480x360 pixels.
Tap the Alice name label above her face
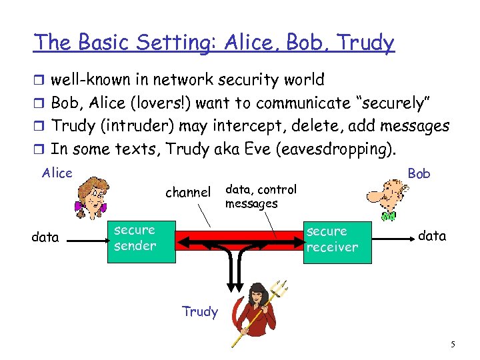click(x=57, y=173)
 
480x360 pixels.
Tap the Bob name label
click(x=419, y=173)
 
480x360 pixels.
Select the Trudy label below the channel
click(x=200, y=311)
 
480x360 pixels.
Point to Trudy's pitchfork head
click(x=281, y=289)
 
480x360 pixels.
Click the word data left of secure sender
click(x=45, y=237)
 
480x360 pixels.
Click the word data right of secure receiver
click(x=432, y=236)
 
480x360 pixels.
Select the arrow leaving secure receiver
click(x=394, y=238)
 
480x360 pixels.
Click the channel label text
click(x=188, y=192)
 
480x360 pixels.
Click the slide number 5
click(x=453, y=345)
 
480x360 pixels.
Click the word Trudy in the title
click(x=365, y=43)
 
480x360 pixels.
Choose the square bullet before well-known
click(x=39, y=80)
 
